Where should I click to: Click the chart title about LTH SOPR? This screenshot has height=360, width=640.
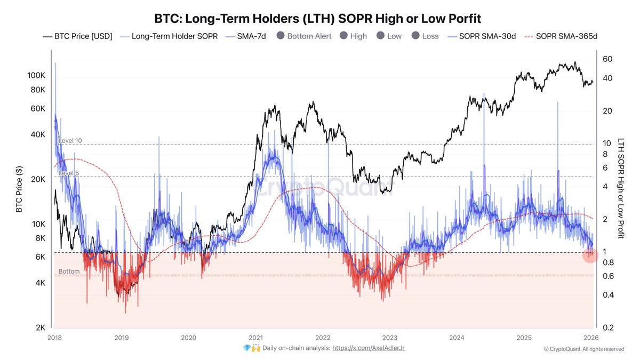point(317,19)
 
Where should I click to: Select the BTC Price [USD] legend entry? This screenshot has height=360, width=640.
point(78,36)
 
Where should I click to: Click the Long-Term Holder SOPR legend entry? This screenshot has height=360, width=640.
point(169,36)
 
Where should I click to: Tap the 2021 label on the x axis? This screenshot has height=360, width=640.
point(255,338)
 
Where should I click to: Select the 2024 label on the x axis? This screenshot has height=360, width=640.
point(457,338)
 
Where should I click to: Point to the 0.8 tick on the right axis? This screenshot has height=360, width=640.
point(607,262)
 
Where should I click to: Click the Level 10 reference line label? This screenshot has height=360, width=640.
point(70,141)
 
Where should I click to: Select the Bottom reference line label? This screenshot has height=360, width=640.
point(69,271)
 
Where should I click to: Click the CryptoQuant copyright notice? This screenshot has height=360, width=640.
point(583,349)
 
